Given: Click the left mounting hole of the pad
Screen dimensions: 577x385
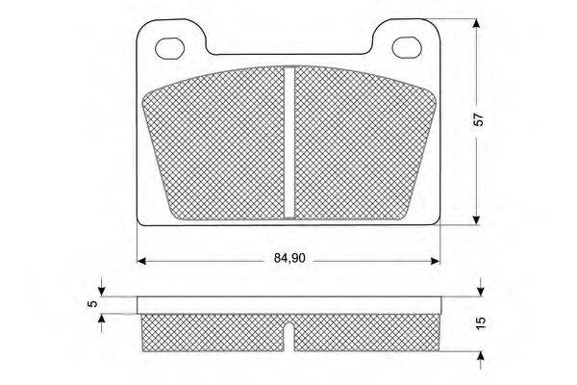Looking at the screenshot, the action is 169,48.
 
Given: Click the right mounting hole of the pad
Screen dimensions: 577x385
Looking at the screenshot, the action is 407,47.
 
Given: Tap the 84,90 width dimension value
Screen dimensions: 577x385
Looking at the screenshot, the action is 289,259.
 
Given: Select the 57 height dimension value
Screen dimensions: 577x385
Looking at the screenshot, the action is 479,119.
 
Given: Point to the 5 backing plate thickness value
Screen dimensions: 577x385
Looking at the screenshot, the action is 93,304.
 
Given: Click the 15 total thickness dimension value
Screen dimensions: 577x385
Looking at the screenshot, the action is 481,322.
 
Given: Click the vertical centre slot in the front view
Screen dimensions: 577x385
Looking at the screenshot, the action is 289,142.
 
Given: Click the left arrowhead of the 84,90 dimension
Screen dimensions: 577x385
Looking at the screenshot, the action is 141,261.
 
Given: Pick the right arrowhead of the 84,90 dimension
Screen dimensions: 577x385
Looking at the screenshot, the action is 436,261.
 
